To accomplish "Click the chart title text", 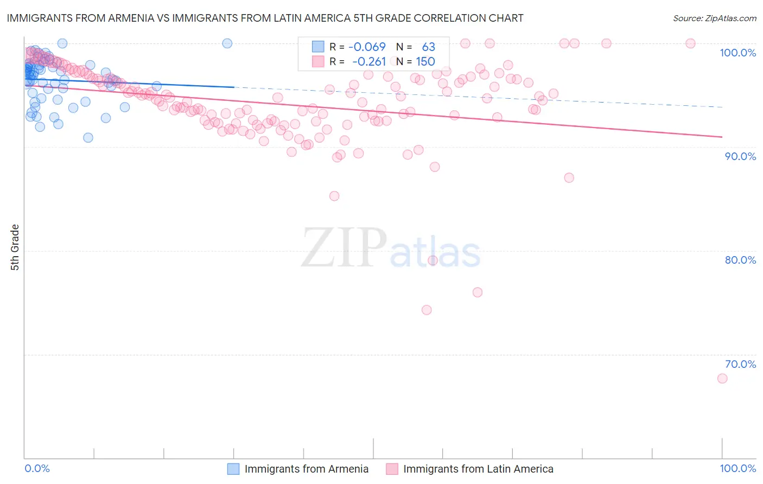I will pyautogui.click(x=265, y=18).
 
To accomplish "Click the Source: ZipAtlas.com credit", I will pyautogui.click(x=714, y=18).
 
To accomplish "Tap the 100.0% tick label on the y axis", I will pyautogui.click(x=737, y=53).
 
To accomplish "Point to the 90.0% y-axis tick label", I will pyautogui.click(x=740, y=156).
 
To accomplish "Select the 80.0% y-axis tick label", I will pyautogui.click(x=740, y=260).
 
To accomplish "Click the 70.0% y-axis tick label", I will pyautogui.click(x=740, y=364).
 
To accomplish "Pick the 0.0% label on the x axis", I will pyautogui.click(x=37, y=468).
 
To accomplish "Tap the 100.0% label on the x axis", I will pyautogui.click(x=737, y=468).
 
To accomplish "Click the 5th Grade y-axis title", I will pyautogui.click(x=15, y=247).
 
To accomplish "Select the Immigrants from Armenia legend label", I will pyautogui.click(x=306, y=469).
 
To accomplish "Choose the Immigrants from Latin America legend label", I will pyautogui.click(x=478, y=469).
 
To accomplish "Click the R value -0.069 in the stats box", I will pyautogui.click(x=367, y=47).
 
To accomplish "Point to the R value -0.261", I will pyautogui.click(x=368, y=61).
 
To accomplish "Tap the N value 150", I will pyautogui.click(x=425, y=61).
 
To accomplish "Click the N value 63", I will pyautogui.click(x=428, y=47).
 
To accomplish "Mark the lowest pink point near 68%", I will pyautogui.click(x=722, y=378).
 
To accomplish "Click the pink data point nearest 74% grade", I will pyautogui.click(x=427, y=310).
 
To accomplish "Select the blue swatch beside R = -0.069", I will pyautogui.click(x=317, y=47).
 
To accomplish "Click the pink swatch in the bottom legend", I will pyautogui.click(x=392, y=469).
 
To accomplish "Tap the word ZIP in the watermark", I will pyautogui.click(x=344, y=248).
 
